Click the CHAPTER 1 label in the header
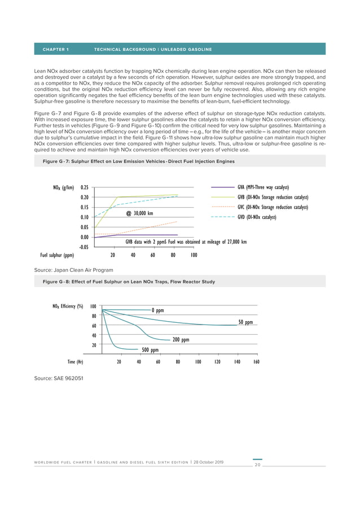pyautogui.click(x=56, y=50)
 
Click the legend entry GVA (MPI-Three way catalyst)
pyautogui.click(x=263, y=187)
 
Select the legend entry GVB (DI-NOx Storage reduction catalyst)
pyautogui.click(x=273, y=197)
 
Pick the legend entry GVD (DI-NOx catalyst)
pyautogui.click(x=257, y=217)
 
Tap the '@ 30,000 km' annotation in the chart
pyautogui.click(x=139, y=213)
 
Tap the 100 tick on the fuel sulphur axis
pyautogui.click(x=194, y=255)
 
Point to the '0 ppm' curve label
pyautogui.click(x=157, y=310)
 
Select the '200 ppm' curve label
pyautogui.click(x=181, y=340)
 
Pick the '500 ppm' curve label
pyautogui.click(x=150, y=350)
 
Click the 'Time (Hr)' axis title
pyautogui.click(x=76, y=362)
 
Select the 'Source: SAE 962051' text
pyautogui.click(x=59, y=377)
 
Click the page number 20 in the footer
pyautogui.click(x=257, y=466)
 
